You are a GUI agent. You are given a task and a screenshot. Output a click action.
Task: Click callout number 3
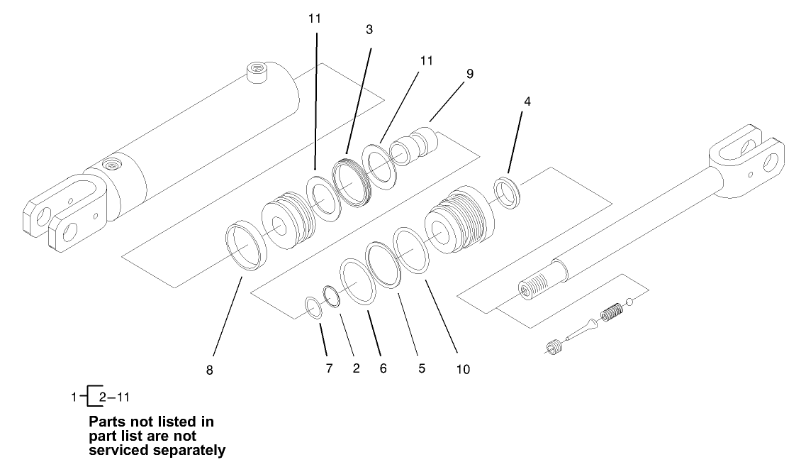click(x=369, y=30)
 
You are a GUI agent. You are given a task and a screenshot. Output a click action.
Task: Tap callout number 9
click(x=469, y=74)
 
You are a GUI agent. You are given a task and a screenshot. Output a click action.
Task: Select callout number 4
click(x=527, y=101)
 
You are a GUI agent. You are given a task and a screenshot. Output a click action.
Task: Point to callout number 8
click(x=210, y=370)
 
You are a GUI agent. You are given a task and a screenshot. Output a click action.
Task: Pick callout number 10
click(x=463, y=369)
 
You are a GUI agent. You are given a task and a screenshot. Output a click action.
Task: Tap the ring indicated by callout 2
click(x=331, y=295)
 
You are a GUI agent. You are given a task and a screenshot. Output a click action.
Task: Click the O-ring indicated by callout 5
click(x=383, y=263)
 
